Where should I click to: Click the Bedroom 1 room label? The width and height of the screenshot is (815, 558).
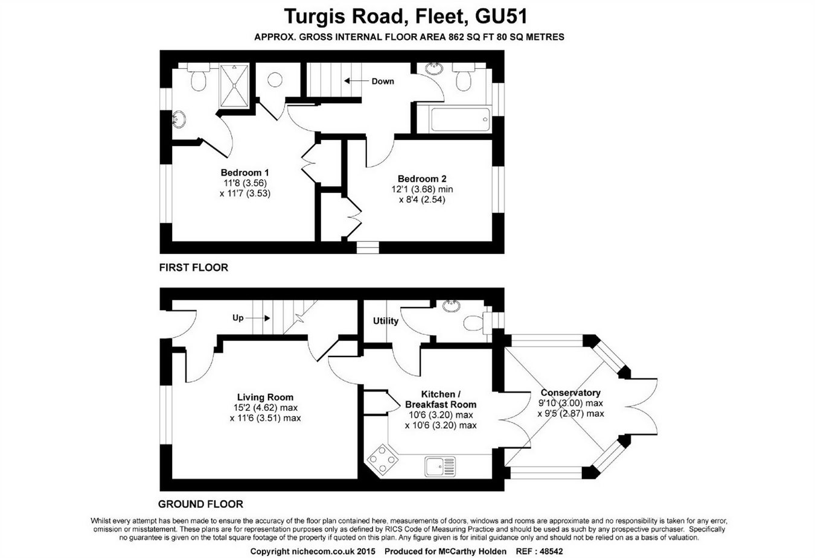pyautogui.click(x=245, y=173)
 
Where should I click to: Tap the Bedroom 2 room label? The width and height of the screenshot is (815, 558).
pyautogui.click(x=422, y=179)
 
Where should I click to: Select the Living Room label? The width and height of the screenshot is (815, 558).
pyautogui.click(x=265, y=397)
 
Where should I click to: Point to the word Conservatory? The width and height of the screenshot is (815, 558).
pyautogui.click(x=570, y=393)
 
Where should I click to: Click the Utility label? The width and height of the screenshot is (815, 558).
pyautogui.click(x=385, y=321)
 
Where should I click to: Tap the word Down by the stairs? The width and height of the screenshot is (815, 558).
pyautogui.click(x=383, y=81)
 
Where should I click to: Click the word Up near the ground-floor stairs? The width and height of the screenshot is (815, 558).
pyautogui.click(x=238, y=317)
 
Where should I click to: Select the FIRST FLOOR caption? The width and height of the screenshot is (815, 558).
pyautogui.click(x=194, y=267)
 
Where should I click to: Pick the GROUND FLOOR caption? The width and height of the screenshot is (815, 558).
pyautogui.click(x=200, y=504)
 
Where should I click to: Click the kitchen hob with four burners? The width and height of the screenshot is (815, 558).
pyautogui.click(x=382, y=460)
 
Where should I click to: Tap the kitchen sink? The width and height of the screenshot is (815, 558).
pyautogui.click(x=441, y=466)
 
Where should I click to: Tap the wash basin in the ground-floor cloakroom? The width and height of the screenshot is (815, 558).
pyautogui.click(x=451, y=306)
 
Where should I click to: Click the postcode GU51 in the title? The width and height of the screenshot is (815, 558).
pyautogui.click(x=502, y=16)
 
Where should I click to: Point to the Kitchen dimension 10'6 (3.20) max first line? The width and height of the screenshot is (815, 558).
pyautogui.click(x=440, y=415)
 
